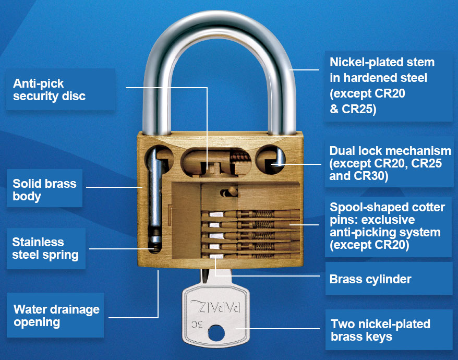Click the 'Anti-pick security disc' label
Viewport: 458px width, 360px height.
49,90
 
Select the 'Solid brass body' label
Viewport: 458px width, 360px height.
44,190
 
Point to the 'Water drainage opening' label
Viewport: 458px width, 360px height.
56,316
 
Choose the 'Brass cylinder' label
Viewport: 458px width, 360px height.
370,279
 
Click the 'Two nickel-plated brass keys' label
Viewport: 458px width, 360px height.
380,330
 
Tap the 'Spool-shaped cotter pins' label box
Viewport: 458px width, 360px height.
388,226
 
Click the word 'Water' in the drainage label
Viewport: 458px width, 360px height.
30,309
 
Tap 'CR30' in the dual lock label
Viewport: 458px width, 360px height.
374,176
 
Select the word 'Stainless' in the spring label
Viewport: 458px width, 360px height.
38,242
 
